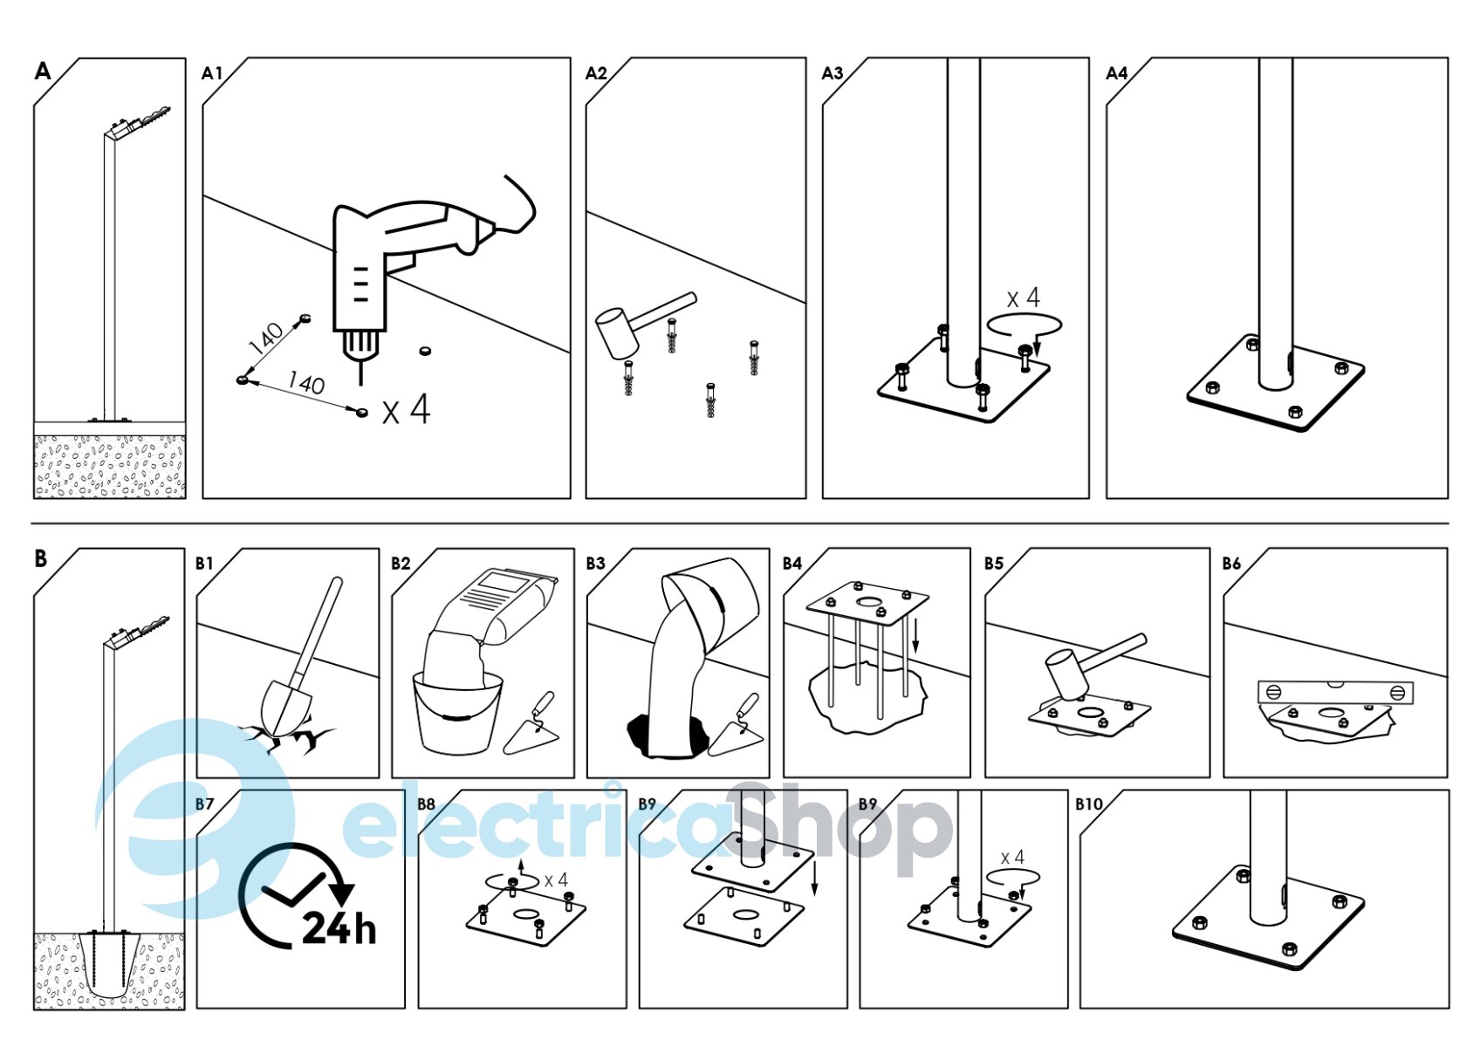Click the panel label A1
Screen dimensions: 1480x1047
(x=212, y=73)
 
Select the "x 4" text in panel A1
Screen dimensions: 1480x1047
(x=407, y=409)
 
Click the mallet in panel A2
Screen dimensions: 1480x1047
(x=644, y=325)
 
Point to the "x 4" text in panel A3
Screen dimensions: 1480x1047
(x=1023, y=298)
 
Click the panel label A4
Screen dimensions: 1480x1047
(x=1117, y=73)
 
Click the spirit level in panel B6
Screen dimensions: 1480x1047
(x=1335, y=692)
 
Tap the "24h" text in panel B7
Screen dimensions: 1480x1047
(x=339, y=928)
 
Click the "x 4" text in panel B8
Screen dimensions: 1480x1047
(x=556, y=879)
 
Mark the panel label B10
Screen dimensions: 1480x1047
(x=1089, y=804)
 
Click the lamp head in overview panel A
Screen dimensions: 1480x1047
(x=140, y=122)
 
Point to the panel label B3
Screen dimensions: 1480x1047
(x=595, y=564)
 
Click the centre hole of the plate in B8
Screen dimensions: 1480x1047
(x=524, y=914)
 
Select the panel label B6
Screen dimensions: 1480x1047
(x=1231, y=564)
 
